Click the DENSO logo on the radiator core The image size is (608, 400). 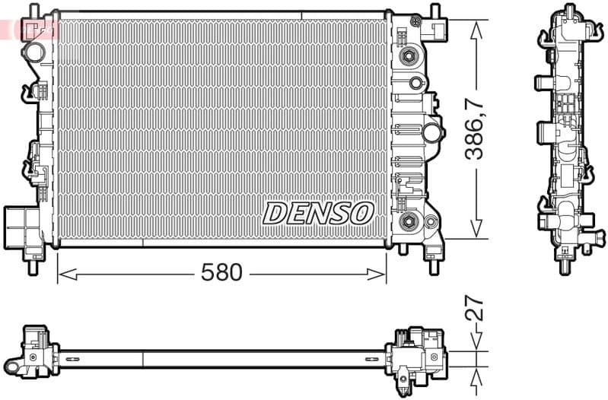pos(318,213)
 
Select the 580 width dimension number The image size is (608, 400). pos(222,272)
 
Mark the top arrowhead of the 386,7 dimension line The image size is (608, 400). pos(476,28)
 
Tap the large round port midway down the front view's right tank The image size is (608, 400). pos(432,133)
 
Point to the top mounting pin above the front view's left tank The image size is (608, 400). pos(32,11)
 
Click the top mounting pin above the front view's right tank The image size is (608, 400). pos(435,11)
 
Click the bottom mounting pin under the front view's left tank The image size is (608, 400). pos(33,266)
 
